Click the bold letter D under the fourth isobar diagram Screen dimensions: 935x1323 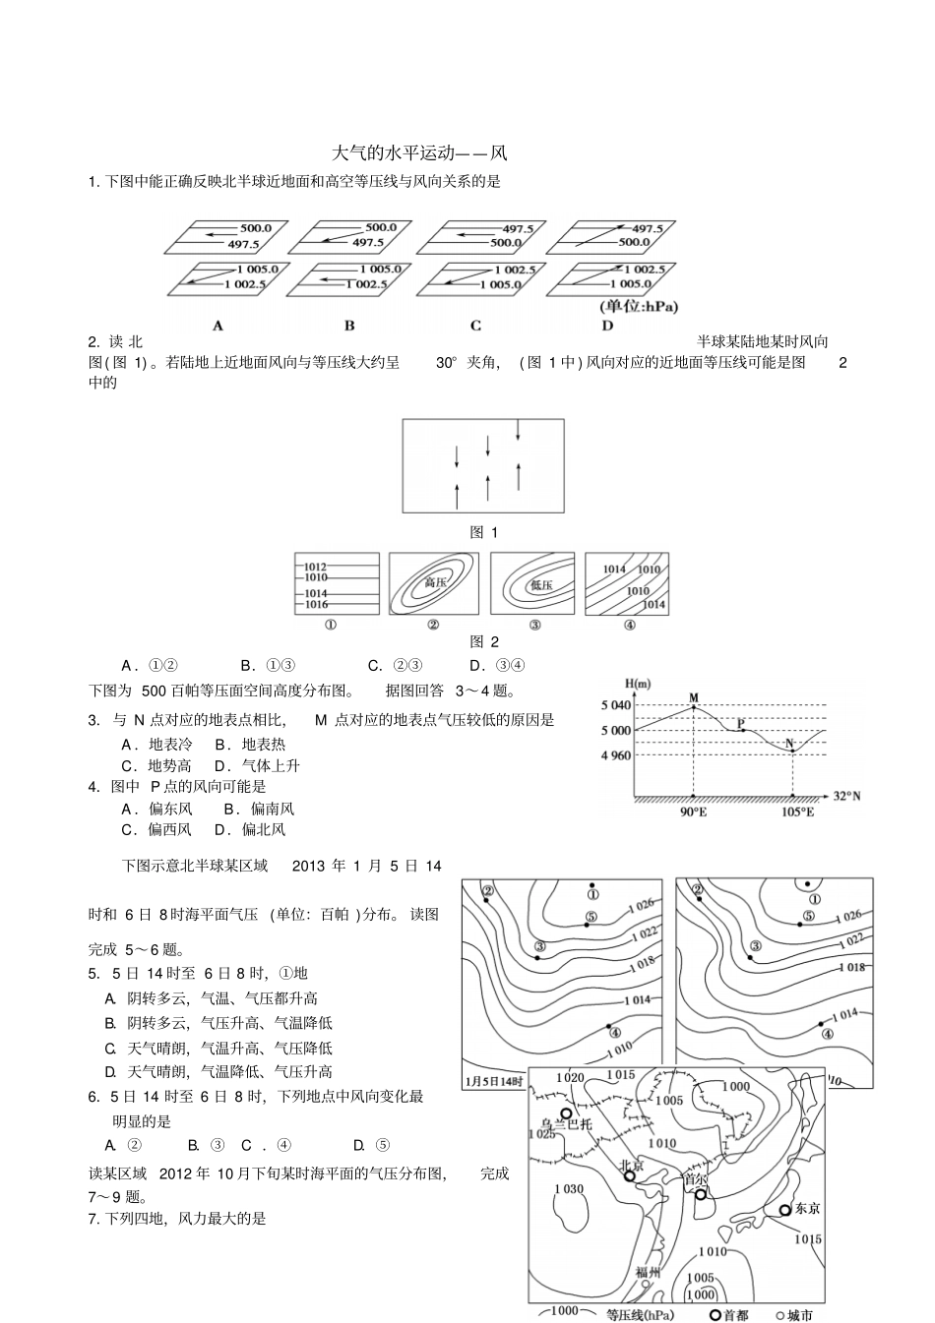(607, 326)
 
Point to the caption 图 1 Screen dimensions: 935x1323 (483, 532)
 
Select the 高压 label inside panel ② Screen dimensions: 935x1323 (434, 583)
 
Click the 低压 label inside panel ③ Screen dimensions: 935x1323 (540, 584)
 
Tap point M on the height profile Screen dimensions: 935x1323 (694, 698)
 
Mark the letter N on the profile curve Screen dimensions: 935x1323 (788, 742)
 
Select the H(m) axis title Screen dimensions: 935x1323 (637, 684)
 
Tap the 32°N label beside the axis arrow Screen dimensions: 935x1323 (846, 796)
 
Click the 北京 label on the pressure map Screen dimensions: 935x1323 (631, 1166)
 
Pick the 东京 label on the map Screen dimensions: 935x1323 (807, 1209)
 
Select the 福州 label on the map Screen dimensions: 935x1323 (648, 1271)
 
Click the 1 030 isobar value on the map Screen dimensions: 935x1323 (569, 1189)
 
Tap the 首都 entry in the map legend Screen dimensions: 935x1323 (734, 1315)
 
